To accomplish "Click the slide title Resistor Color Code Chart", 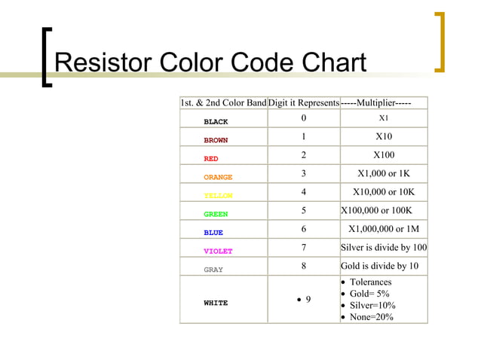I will click(210, 63).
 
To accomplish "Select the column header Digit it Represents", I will click(303, 102).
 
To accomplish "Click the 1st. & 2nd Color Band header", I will click(223, 102).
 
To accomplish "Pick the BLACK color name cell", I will click(216, 121).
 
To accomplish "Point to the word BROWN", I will click(216, 140).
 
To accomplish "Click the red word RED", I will click(211, 159).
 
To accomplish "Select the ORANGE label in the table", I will click(218, 178).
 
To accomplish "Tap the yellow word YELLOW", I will click(218, 196).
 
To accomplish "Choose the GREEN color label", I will click(216, 215).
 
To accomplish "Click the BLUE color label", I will click(213, 233).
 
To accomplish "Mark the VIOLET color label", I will click(218, 252).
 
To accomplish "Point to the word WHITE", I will click(216, 303).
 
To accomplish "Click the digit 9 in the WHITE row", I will click(308, 300).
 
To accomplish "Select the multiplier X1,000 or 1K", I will click(384, 173).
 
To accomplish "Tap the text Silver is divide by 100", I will click(384, 247).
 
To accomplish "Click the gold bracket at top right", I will click(440, 41).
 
